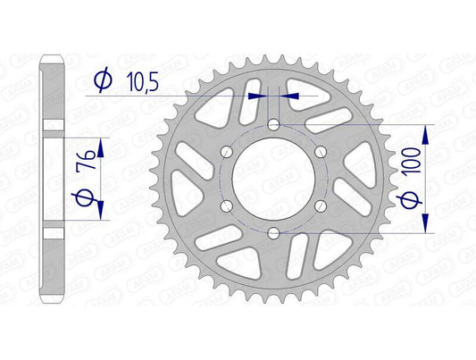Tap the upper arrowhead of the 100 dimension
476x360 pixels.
tap(424, 130)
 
